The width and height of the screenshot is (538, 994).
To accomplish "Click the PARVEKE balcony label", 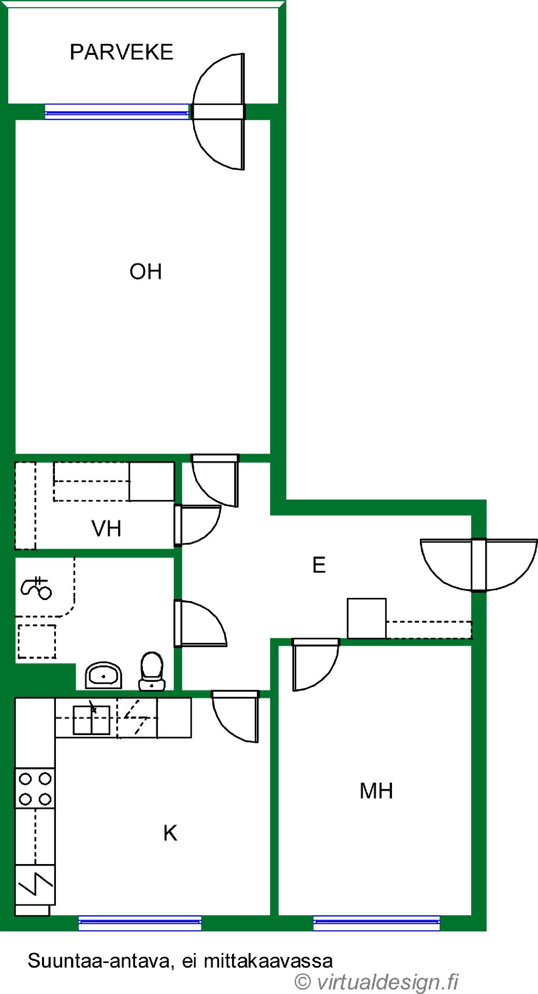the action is click(x=121, y=52).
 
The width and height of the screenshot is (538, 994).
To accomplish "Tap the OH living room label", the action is click(x=146, y=272).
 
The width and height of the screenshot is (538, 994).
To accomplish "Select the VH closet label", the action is click(x=106, y=529).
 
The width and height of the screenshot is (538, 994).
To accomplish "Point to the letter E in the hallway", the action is click(x=319, y=565).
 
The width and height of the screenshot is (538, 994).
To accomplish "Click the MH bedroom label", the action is click(x=376, y=791).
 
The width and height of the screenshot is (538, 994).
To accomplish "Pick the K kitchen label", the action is click(x=170, y=834).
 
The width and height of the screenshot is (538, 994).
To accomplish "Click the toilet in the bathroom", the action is click(x=152, y=671).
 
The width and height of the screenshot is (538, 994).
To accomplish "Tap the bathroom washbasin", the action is click(x=104, y=675).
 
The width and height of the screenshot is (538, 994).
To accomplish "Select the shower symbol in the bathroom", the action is click(x=36, y=588).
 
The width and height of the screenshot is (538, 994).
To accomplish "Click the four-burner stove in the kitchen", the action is click(x=35, y=788).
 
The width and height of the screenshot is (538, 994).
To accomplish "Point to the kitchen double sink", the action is click(x=92, y=720).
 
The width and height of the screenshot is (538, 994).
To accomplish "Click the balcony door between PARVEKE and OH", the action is click(x=218, y=112).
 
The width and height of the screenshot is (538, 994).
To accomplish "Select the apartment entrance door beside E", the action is click(x=479, y=565).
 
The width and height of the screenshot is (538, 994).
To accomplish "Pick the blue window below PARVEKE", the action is click(x=117, y=112).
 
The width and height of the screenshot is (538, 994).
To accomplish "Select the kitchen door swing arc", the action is click(x=236, y=717).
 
